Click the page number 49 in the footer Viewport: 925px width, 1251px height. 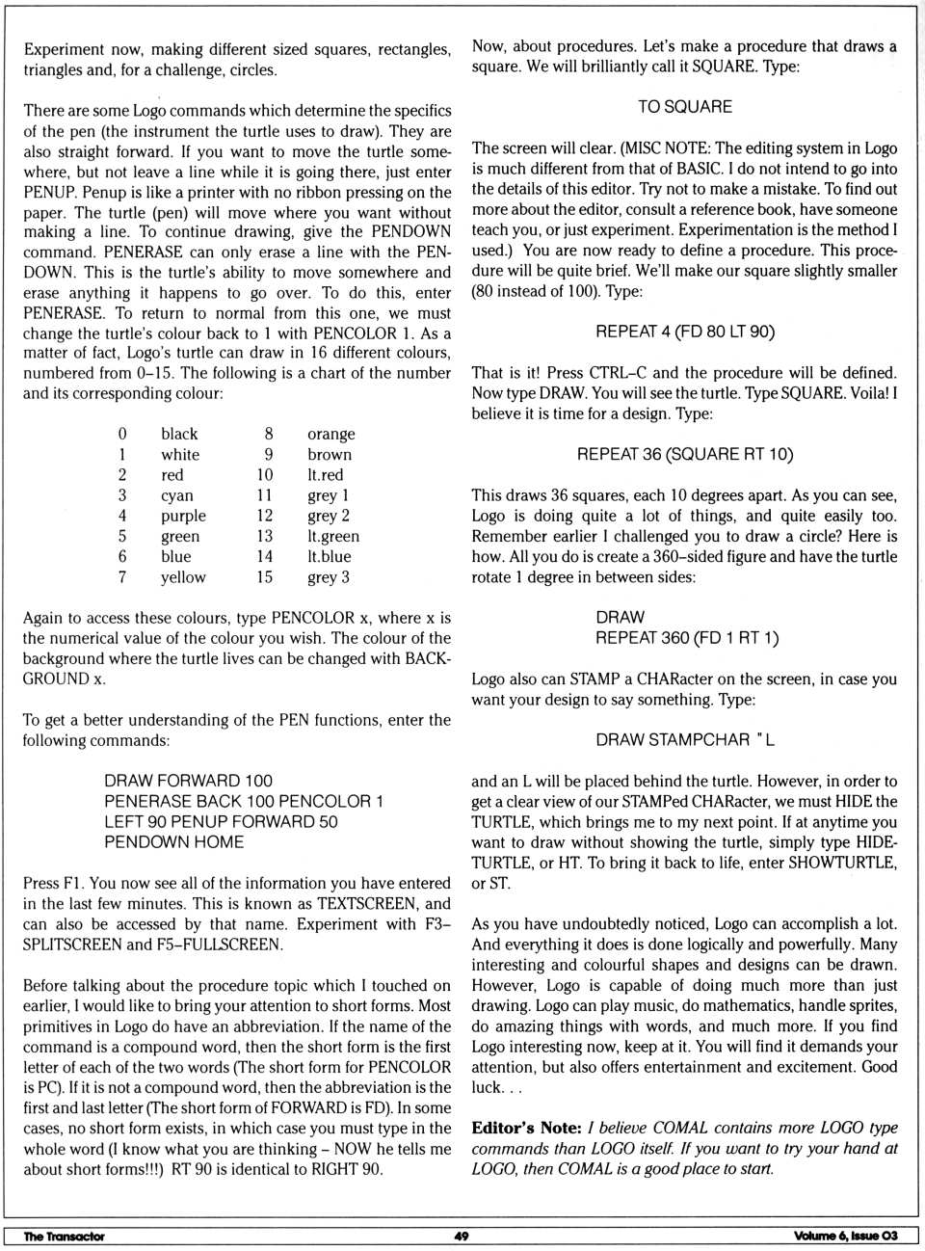tap(461, 1236)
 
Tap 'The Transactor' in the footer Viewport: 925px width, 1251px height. tap(64, 1237)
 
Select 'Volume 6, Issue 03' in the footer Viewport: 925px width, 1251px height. tap(845, 1236)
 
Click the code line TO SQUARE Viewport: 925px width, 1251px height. tap(684, 107)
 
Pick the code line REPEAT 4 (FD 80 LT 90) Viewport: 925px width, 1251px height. tap(684, 332)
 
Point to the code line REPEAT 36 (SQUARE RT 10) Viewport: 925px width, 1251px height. tap(684, 454)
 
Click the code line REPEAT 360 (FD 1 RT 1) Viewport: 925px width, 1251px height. tap(687, 638)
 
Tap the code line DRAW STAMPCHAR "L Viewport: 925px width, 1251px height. tap(684, 740)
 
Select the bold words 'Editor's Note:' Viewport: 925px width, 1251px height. tap(526, 1128)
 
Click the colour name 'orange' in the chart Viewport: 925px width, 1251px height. tap(330, 435)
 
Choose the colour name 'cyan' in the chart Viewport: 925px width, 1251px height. tap(177, 495)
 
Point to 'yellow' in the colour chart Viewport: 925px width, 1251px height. tap(183, 577)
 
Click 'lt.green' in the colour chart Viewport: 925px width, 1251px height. tap(332, 537)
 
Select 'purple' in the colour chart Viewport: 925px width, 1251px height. tap(182, 516)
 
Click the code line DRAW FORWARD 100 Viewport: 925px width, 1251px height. tap(188, 781)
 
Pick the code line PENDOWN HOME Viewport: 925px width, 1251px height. tap(173, 842)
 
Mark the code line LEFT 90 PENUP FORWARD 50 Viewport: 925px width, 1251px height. tap(221, 822)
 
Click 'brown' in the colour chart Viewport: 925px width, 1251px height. tap(330, 455)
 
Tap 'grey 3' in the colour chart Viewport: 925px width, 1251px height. tap(328, 577)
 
